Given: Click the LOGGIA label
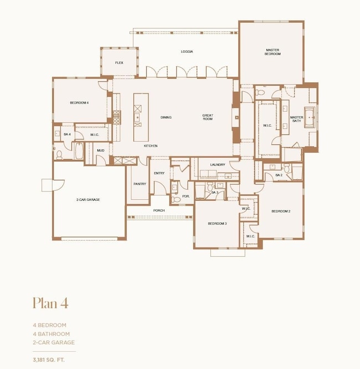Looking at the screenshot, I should coord(187,51).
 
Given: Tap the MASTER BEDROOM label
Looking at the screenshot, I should coord(272,52).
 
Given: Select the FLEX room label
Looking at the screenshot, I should coord(119,63).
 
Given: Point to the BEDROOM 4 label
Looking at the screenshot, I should coord(79,103).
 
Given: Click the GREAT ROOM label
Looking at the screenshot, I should coord(207,117).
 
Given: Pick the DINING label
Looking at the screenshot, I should coord(166,117).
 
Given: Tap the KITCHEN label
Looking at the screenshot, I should coord(151,145).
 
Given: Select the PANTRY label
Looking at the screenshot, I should coord(139,184).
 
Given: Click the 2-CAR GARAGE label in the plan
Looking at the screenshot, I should coord(88,199).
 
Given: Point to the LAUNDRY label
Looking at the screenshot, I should coord(217,164).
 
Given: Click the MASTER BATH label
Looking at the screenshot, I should coord(297,119).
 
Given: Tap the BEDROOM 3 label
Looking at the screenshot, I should coord(217,223).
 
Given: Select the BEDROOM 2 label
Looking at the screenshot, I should coord(281,211).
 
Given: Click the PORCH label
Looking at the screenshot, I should coord(159,210).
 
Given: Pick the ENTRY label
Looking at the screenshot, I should coord(159,173).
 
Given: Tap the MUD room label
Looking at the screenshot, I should coord(101,150).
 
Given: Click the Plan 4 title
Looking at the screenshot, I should coord(50,303).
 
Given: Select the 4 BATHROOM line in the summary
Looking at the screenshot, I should coord(51,334).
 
